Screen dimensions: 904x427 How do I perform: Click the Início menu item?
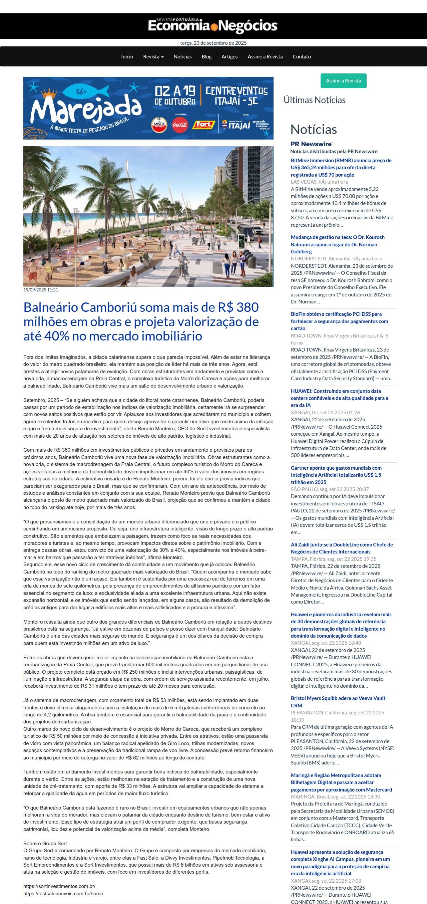tap(127, 56)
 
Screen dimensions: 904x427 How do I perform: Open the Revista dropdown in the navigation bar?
tap(153, 56)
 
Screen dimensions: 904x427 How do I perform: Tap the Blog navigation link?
tap(206, 56)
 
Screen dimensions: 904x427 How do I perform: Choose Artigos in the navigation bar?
tap(230, 56)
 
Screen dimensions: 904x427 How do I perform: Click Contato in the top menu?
tap(302, 56)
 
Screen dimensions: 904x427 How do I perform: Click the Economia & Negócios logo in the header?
tap(213, 26)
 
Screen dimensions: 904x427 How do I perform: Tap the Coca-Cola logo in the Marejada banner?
tap(180, 125)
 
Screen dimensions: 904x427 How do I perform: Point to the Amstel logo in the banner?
tap(159, 125)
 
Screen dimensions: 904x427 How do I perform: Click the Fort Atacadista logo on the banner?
tap(203, 125)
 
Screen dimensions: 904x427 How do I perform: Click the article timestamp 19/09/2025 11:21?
tap(41, 290)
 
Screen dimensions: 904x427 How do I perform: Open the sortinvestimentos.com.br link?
tap(59, 886)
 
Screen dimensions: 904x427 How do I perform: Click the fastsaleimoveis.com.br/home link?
tap(63, 893)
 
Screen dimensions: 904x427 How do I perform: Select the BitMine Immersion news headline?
tap(341, 167)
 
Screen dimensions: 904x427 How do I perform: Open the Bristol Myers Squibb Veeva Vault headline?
tap(338, 701)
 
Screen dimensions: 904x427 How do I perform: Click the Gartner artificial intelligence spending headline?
tap(336, 475)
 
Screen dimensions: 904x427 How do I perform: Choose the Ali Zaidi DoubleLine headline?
tap(342, 548)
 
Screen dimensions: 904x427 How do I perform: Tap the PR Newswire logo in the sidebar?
tap(311, 144)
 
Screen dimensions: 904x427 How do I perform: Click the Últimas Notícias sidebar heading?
tap(315, 100)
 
